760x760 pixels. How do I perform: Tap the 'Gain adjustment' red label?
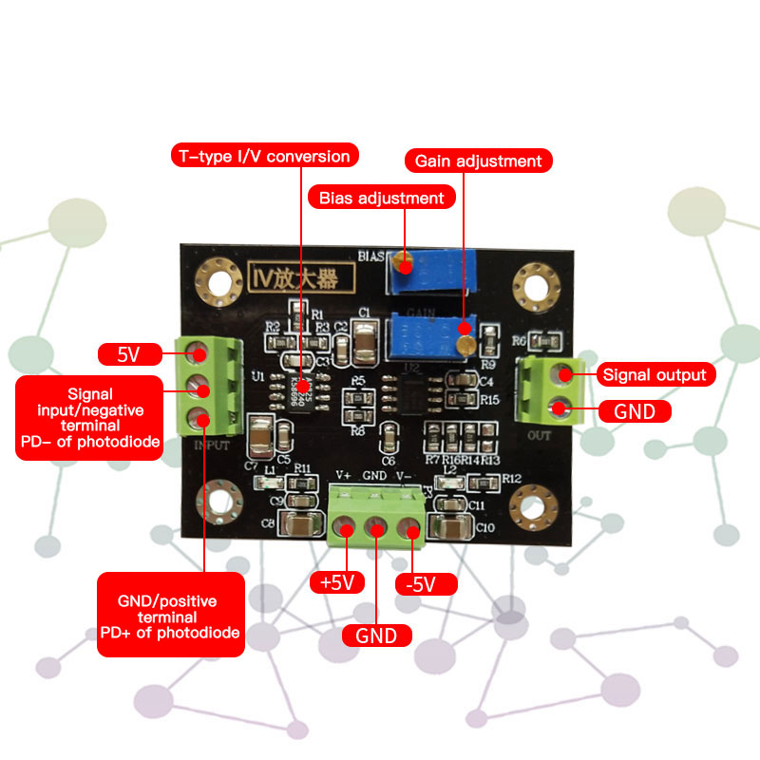(479, 161)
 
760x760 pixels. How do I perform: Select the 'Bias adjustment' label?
(382, 198)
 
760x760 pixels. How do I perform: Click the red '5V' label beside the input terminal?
(128, 355)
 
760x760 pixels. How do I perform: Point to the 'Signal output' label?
(655, 374)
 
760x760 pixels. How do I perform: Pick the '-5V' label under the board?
(420, 583)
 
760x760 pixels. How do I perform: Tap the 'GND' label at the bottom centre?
(376, 636)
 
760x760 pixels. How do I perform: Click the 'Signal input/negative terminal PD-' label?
(90, 418)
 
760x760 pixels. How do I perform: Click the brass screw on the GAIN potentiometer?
(465, 343)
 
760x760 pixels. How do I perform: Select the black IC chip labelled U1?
(298, 390)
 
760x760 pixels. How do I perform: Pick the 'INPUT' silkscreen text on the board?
(212, 444)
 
